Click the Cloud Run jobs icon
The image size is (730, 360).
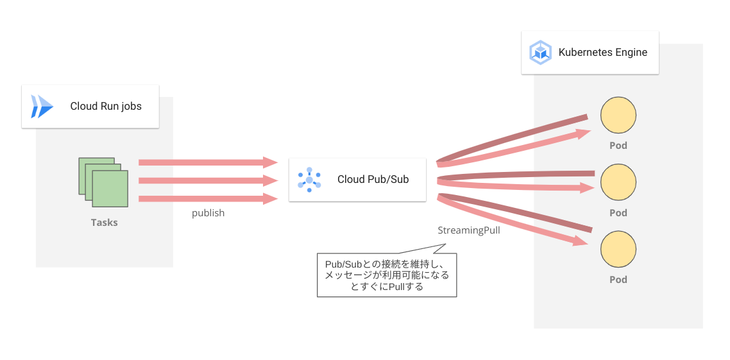tap(42, 107)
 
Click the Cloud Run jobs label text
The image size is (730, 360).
tap(106, 107)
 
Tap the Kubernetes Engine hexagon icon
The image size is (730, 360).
tap(540, 53)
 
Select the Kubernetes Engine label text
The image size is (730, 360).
tap(603, 53)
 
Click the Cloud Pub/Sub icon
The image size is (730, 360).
tap(309, 180)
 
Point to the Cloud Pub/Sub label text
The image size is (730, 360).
tap(373, 180)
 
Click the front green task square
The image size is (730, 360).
tap(110, 189)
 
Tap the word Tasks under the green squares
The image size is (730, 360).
tap(104, 223)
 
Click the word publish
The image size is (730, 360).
tap(208, 213)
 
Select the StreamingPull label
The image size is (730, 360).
tap(469, 230)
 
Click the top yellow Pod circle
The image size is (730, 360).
tap(618, 116)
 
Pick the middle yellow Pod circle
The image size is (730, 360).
tap(618, 182)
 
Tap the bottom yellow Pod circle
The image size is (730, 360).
tap(618, 250)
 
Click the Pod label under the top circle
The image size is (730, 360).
tap(618, 146)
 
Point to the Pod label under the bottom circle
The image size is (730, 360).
tap(618, 280)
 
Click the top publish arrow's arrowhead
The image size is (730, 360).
tap(270, 162)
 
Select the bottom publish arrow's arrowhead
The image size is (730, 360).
tap(270, 199)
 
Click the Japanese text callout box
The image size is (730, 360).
tap(387, 275)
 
